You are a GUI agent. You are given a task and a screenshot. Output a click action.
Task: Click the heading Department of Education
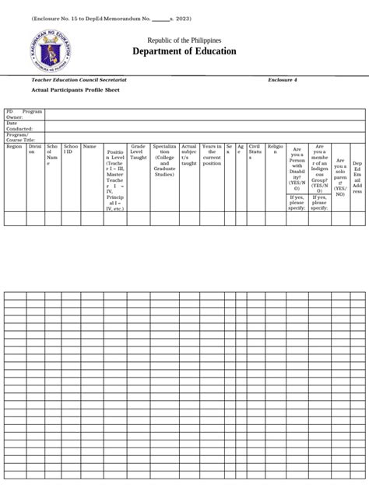pyautogui.click(x=184, y=51)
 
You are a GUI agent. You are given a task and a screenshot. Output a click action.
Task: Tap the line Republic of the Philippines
pyautogui.click(x=184, y=39)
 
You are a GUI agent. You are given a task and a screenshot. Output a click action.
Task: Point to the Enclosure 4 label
pyautogui.click(x=282, y=80)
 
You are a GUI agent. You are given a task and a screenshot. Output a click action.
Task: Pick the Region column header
pyautogui.click(x=15, y=146)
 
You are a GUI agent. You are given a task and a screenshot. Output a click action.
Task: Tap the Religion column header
pyautogui.click(x=276, y=146)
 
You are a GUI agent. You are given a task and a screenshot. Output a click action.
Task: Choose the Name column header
pyautogui.click(x=90, y=146)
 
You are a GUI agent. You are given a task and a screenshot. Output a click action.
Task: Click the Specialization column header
pyautogui.click(x=164, y=160)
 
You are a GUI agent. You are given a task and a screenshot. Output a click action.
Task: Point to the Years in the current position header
pyautogui.click(x=212, y=154)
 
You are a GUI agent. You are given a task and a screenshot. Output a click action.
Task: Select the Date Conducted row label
pyautogui.click(x=19, y=126)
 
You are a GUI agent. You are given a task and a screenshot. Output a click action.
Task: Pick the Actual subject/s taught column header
pyautogui.click(x=188, y=154)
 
